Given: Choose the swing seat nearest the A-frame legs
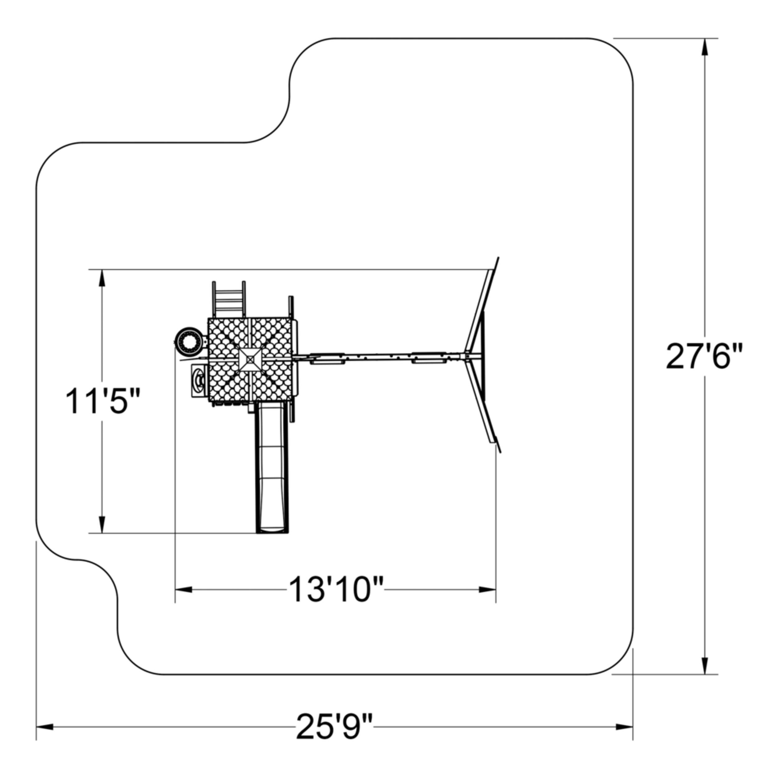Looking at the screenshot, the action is (x=429, y=358).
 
